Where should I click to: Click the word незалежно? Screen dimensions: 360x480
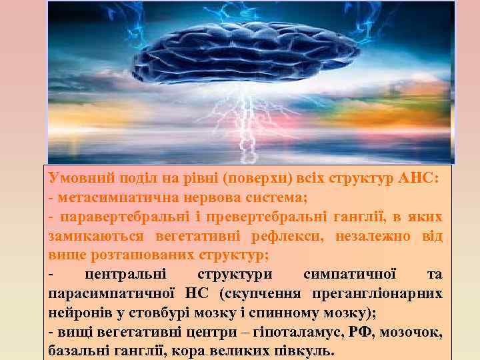tap(387, 236)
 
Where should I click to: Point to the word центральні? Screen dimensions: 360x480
tap(127, 274)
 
